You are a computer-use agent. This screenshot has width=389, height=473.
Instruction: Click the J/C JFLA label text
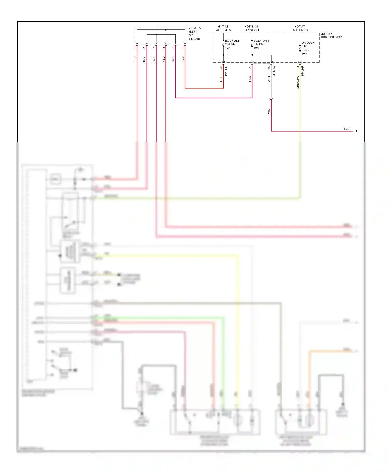pos(195,28)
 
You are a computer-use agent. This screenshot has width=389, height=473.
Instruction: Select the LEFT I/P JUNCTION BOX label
pos(331,35)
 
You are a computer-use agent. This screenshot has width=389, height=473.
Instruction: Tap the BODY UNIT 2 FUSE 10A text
pos(232,44)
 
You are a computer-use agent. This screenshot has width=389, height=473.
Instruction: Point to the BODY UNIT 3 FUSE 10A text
pos(261,44)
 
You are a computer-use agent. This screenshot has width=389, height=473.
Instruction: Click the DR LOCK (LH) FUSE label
pos(308,48)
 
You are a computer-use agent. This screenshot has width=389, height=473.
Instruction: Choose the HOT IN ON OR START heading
pos(252,28)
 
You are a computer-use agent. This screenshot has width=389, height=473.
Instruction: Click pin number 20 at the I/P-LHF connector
pos(221,68)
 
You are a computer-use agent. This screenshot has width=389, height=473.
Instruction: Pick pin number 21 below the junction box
pos(250,67)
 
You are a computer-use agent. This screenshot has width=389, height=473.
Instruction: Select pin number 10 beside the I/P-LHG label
pos(269,67)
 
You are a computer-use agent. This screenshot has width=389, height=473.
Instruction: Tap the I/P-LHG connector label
pos(274,71)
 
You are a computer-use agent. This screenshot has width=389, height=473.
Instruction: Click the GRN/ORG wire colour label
pos(298,82)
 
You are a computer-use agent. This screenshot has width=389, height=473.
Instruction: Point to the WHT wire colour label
pos(269,79)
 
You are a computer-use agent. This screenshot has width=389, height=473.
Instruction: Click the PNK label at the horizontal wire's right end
pos(346,129)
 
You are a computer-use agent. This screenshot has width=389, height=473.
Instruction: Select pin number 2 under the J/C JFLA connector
pos(135,48)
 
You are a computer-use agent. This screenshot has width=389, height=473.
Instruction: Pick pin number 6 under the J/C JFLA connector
pos(173,48)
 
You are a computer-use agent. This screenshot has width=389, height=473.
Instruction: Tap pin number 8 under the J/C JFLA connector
pos(154,48)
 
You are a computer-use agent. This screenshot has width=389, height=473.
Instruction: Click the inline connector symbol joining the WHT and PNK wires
pos(271,99)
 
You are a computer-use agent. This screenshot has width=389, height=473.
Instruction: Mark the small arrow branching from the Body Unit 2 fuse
pos(226,55)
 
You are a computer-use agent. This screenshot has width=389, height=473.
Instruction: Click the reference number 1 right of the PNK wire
pos(356,131)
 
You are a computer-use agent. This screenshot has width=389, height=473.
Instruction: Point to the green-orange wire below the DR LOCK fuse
pos(300,104)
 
